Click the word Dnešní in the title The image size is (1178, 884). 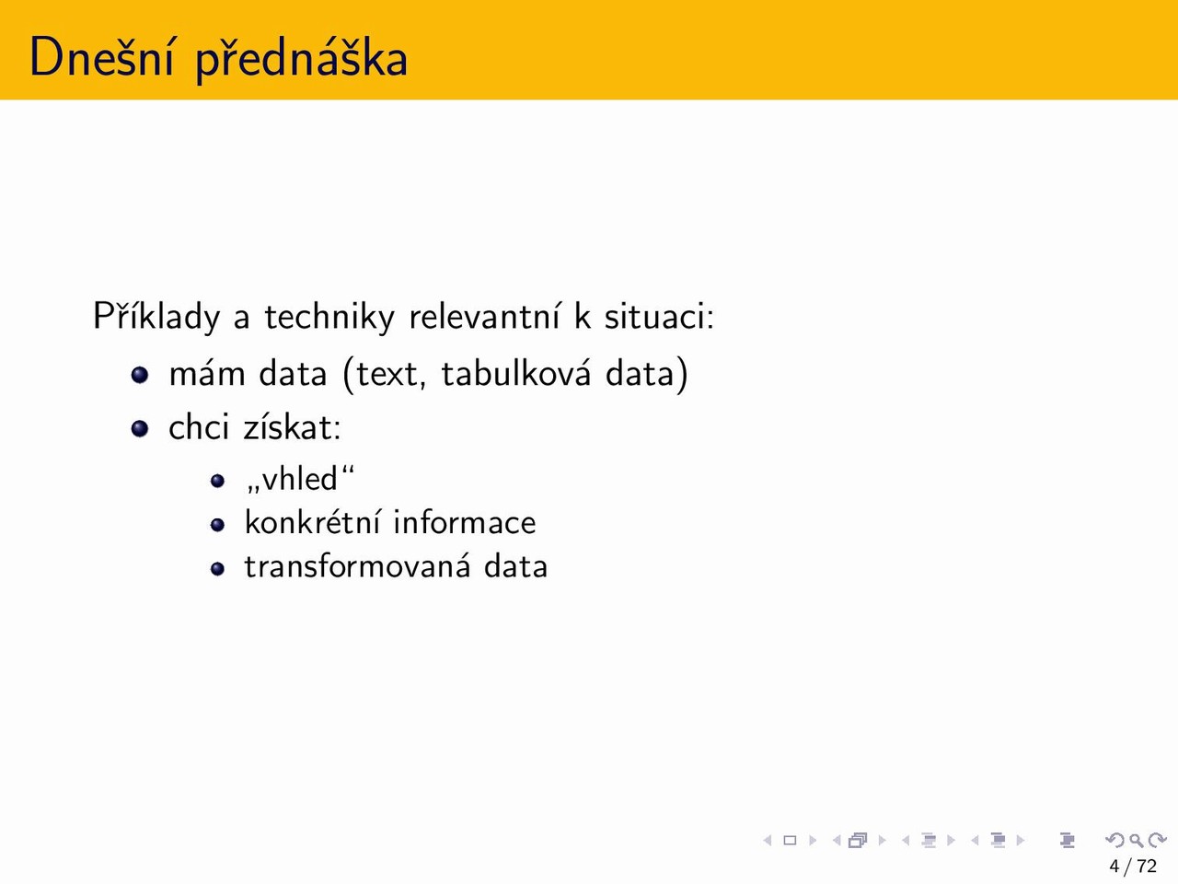tap(102, 56)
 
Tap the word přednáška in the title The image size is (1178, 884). tap(302, 58)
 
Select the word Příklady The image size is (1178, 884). tap(156, 316)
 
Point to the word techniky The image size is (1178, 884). tap(329, 316)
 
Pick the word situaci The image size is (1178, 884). tap(660, 316)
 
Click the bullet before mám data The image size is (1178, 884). tap(140, 375)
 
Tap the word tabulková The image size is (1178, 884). tap(516, 373)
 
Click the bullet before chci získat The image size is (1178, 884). tap(140, 428)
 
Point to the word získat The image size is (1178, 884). tap(293, 427)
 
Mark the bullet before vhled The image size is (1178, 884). tap(217, 481)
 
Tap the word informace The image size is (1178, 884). tap(464, 522)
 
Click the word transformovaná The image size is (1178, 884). tap(357, 566)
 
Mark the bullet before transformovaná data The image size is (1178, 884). tap(217, 568)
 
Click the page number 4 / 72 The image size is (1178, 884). tap(1133, 866)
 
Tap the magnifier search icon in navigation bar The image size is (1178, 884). tap(1136, 841)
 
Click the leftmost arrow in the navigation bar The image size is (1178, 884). tap(768, 841)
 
